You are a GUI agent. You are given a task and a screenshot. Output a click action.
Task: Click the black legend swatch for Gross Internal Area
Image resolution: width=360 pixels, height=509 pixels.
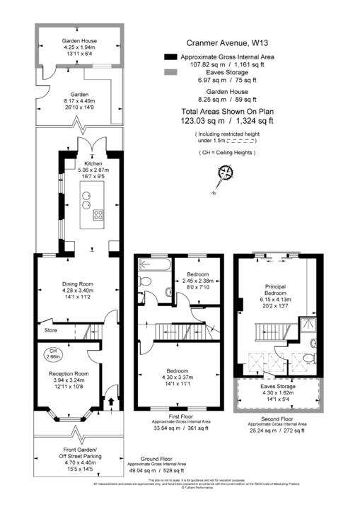pos(170,57)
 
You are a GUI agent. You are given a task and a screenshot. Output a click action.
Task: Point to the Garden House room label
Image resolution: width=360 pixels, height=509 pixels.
pos(79,42)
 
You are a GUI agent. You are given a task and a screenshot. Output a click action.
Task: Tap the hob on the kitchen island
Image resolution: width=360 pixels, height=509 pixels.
pos(97,216)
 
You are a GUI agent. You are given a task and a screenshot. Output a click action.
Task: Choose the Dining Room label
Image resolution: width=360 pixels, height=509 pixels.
pos(78,284)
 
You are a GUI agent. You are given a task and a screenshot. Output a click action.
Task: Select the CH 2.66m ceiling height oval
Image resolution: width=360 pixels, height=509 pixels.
pos(54,353)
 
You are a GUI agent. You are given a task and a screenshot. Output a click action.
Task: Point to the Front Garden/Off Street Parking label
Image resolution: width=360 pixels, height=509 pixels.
pos(79,452)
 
